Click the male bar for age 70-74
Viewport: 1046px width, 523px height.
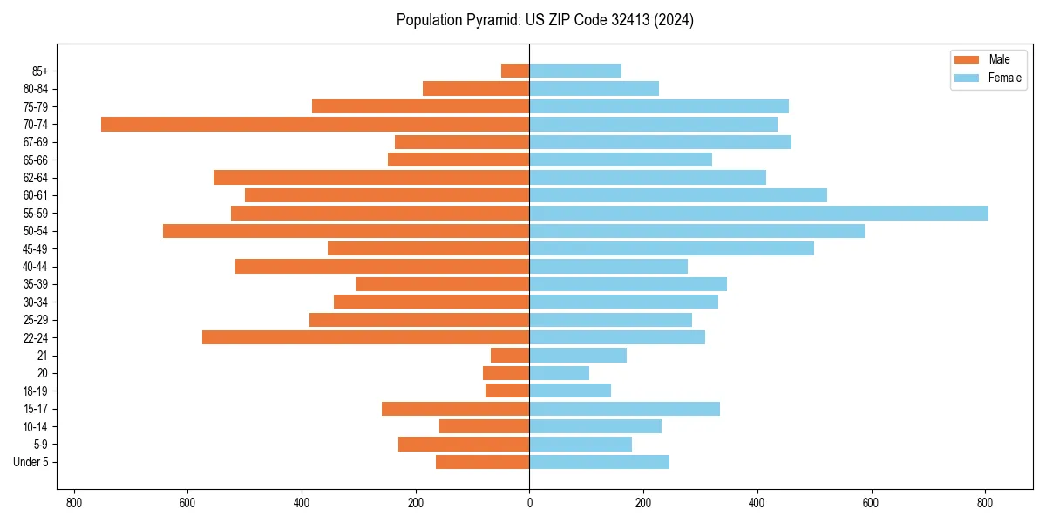[315, 124]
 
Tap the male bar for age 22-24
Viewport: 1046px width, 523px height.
[365, 337]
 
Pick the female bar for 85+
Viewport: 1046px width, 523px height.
[575, 71]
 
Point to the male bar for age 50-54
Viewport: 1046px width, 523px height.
[346, 231]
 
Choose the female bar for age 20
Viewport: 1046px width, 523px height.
[559, 373]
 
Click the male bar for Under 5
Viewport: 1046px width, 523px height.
[482, 462]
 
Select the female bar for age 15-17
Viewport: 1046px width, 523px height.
[624, 409]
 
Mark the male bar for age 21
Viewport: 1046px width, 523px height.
[510, 356]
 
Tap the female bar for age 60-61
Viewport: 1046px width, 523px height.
[678, 195]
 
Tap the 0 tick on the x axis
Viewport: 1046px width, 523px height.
[529, 503]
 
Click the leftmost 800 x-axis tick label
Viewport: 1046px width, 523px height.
[73, 503]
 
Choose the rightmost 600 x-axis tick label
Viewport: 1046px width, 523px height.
[871, 503]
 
